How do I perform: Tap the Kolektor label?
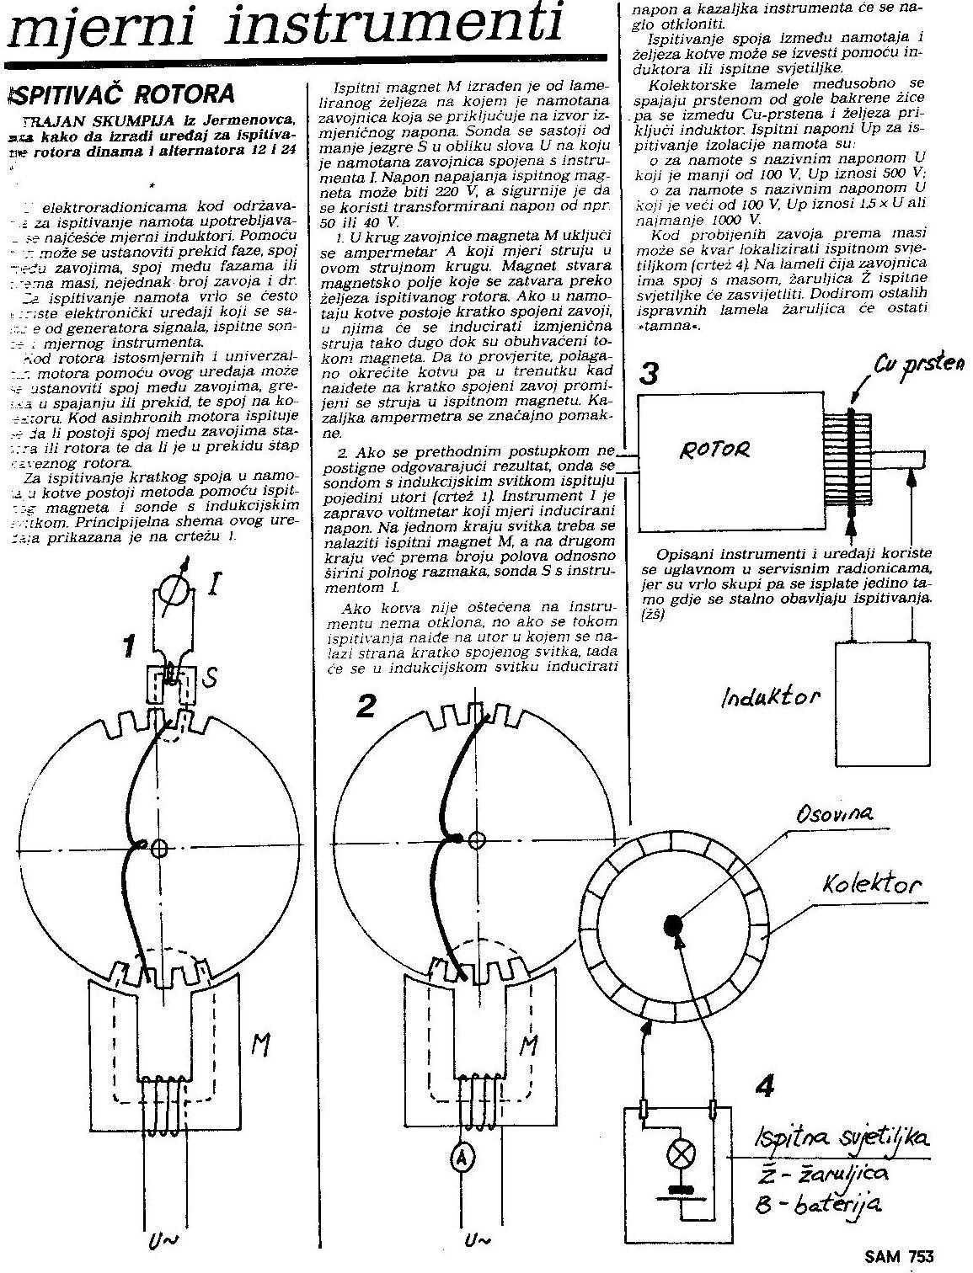(x=873, y=884)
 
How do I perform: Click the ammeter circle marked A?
(x=461, y=1159)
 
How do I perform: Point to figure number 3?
(x=648, y=373)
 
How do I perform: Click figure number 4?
(x=764, y=1086)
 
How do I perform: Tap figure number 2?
(x=365, y=706)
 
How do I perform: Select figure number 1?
(x=128, y=647)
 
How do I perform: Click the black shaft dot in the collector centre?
(x=676, y=924)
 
